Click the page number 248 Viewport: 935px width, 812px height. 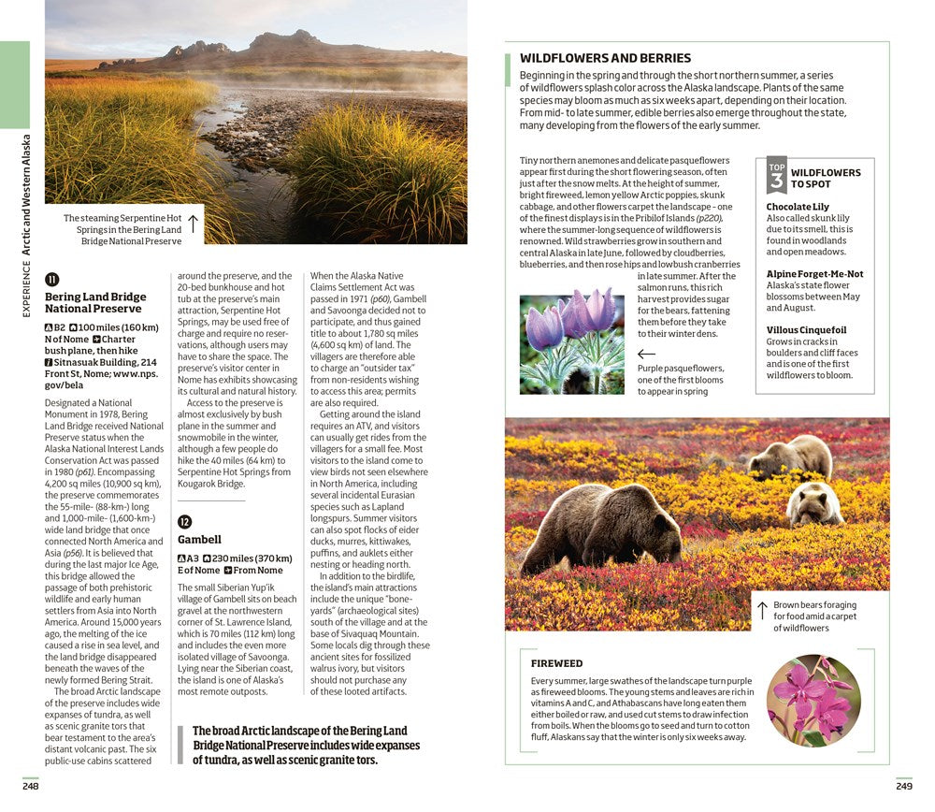pyautogui.click(x=31, y=786)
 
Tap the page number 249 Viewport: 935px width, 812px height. pyautogui.click(x=903, y=786)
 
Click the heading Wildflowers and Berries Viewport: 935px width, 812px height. pyautogui.click(x=605, y=58)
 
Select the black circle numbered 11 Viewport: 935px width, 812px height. pyautogui.click(x=52, y=279)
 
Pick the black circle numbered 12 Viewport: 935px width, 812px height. pyautogui.click(x=185, y=521)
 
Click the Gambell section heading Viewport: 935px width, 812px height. pyautogui.click(x=199, y=540)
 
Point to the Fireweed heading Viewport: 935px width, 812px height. pyautogui.click(x=556, y=663)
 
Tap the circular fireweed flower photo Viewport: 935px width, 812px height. pyautogui.click(x=813, y=700)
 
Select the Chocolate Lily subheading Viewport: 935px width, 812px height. pyautogui.click(x=798, y=207)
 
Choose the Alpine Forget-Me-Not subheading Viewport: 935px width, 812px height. pyautogui.click(x=814, y=274)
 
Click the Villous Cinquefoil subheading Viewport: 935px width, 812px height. pyautogui.click(x=806, y=330)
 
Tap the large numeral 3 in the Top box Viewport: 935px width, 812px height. pyautogui.click(x=776, y=180)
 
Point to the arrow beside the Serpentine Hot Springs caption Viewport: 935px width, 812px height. pyautogui.click(x=193, y=224)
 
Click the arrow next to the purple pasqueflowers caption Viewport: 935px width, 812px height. pyautogui.click(x=646, y=355)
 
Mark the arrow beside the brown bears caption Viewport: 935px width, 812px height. pyautogui.click(x=763, y=611)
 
